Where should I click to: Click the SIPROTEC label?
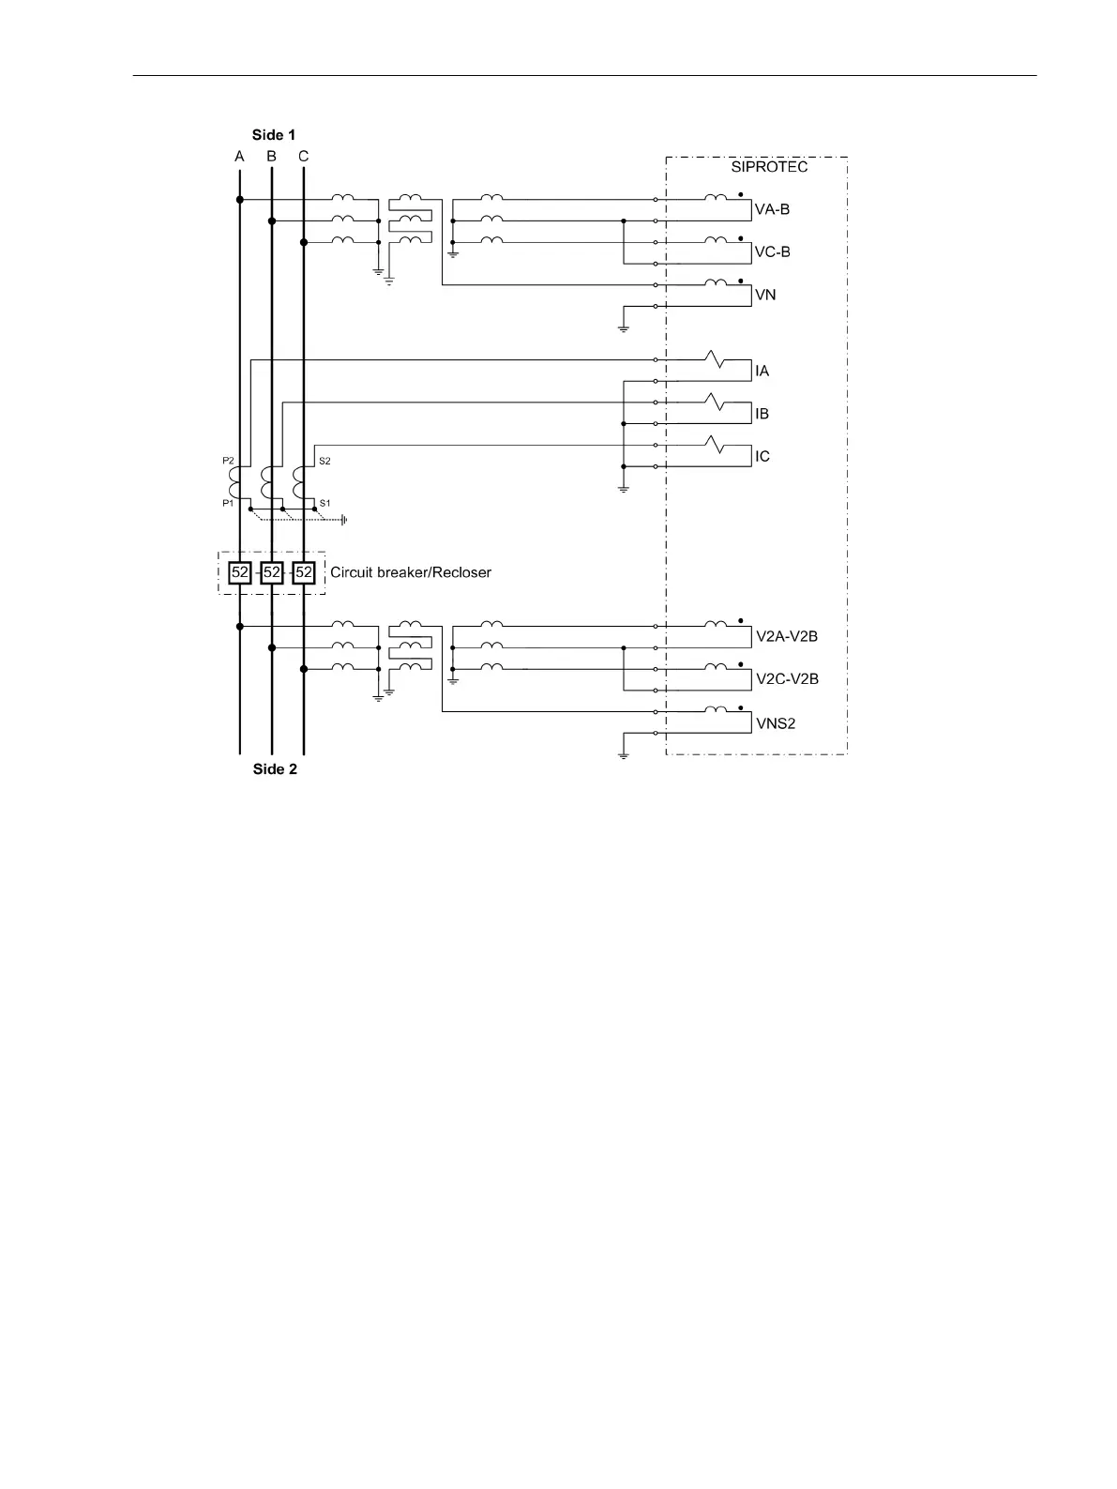[769, 167]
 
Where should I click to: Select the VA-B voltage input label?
[772, 209]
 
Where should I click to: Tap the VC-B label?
[772, 252]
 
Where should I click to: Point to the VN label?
[765, 296]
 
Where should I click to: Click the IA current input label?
[762, 372]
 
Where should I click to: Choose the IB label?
[762, 414]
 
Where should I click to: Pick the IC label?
[762, 457]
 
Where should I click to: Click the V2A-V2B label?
[787, 637]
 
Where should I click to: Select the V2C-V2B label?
[787, 679]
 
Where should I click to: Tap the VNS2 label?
[776, 724]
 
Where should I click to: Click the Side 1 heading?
[274, 135]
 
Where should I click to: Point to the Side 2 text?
[275, 769]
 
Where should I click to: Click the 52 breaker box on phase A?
[240, 572]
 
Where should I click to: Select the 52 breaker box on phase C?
[304, 572]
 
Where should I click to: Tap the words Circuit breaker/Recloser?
[411, 572]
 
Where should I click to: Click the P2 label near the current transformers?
[228, 461]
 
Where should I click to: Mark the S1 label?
[325, 503]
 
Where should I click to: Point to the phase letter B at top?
[272, 157]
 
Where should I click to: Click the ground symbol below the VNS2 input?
[623, 755]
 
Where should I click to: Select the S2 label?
[325, 461]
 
